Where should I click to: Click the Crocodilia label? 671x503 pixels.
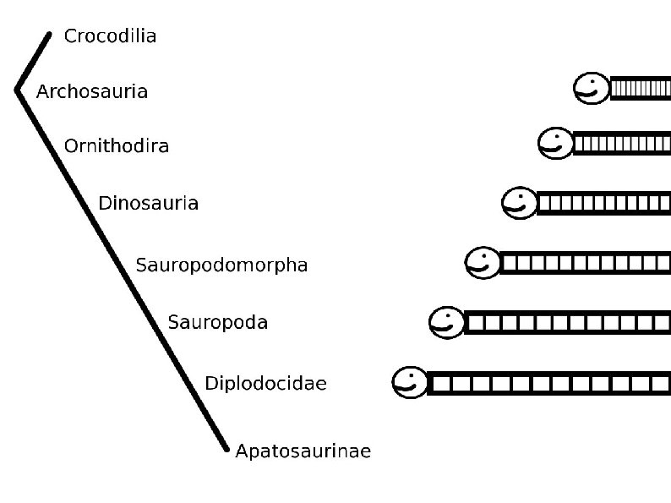click(110, 36)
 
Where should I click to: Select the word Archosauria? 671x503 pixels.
click(92, 91)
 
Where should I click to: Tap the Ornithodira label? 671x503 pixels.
click(117, 146)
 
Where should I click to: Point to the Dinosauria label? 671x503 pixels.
click(148, 203)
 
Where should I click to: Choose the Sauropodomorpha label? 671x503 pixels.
click(221, 265)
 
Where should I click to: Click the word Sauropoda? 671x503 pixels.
click(217, 322)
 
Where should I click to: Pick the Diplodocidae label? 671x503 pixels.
click(265, 384)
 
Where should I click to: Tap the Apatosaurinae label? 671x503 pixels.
click(303, 451)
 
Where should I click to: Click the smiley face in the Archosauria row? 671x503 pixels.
click(591, 88)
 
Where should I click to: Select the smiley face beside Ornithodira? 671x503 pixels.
click(555, 143)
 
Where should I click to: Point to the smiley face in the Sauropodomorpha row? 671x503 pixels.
click(483, 263)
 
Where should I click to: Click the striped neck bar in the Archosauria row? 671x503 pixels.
click(640, 88)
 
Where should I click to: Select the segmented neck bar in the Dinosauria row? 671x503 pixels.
click(603, 203)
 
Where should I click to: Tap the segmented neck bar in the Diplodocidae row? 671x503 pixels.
click(549, 384)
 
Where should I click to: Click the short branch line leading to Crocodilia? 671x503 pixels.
click(32, 62)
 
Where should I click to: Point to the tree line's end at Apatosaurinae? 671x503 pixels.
click(226, 448)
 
